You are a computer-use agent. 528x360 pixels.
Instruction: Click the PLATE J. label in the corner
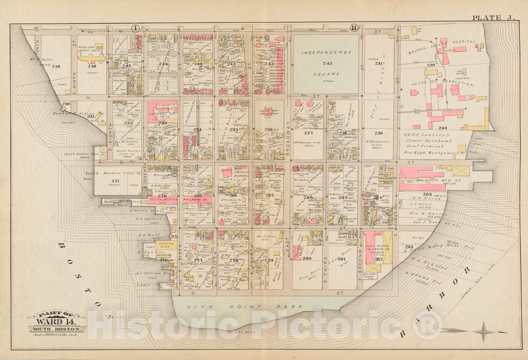pos(494,18)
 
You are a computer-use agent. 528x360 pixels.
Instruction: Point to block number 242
pos(326,62)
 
